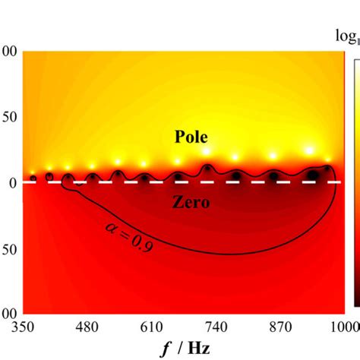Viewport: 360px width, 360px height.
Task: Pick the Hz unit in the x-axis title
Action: (200, 349)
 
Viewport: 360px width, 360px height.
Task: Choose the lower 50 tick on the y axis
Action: (10, 248)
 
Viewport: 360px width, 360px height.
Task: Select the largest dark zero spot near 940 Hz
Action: (312, 175)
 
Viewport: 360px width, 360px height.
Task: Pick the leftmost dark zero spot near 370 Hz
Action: (33, 178)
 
